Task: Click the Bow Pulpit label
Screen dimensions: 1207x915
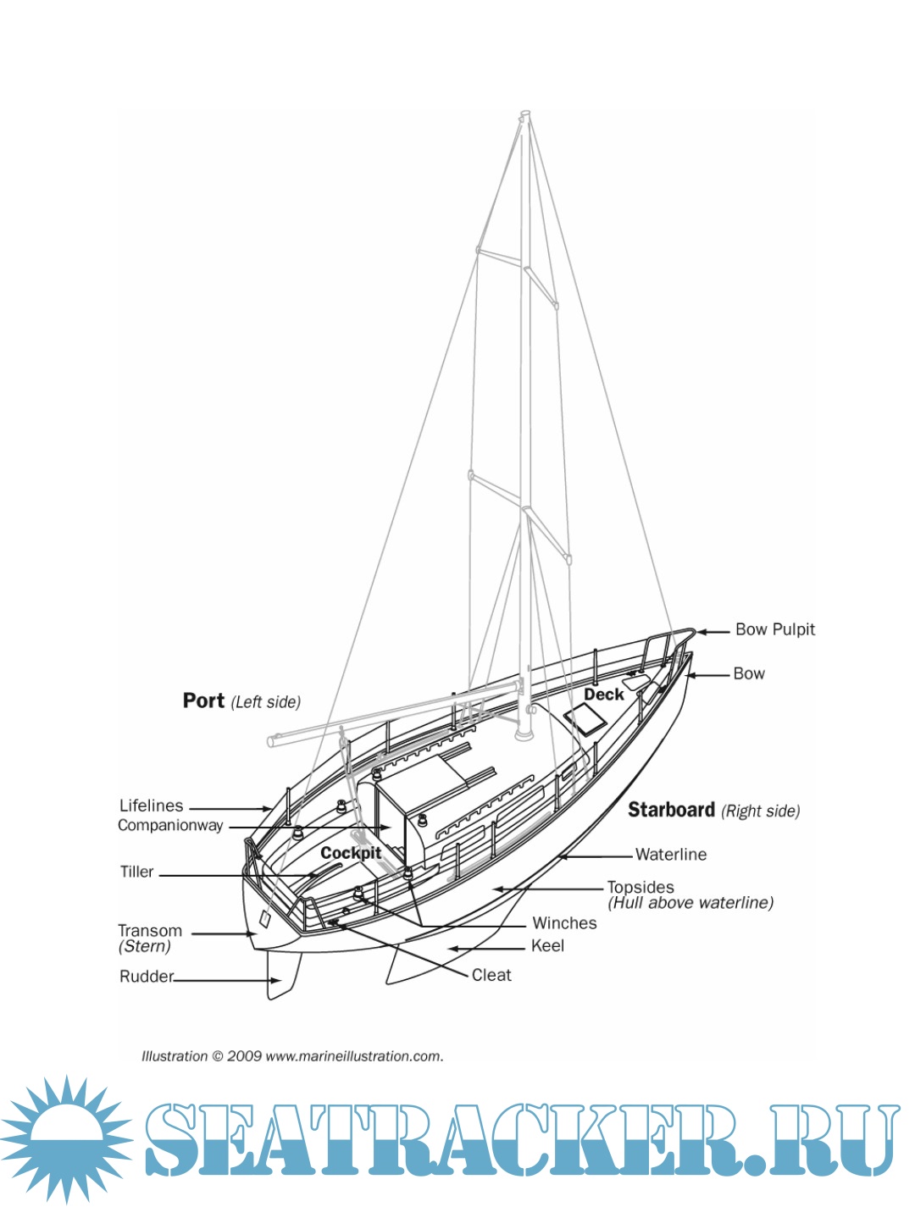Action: [774, 629]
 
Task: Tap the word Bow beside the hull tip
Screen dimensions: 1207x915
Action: [749, 673]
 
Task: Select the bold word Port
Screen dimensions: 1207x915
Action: [203, 700]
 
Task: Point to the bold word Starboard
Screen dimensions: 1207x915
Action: [671, 810]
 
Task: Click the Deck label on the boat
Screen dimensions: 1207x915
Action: [603, 695]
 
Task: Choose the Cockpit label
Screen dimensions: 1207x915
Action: [350, 853]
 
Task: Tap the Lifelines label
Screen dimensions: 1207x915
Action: [151, 806]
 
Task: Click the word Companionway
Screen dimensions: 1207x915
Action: [170, 825]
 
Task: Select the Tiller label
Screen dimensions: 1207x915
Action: [136, 872]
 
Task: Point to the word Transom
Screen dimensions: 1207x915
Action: [149, 930]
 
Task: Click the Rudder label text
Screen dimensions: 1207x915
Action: [146, 977]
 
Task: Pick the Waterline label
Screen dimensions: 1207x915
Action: [670, 855]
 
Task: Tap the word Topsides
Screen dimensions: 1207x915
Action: [640, 887]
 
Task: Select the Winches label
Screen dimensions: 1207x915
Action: [564, 923]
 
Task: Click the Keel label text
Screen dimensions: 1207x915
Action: [547, 946]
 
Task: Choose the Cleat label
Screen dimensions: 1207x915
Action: [491, 975]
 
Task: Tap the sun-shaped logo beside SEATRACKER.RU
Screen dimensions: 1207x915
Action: [66, 1138]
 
